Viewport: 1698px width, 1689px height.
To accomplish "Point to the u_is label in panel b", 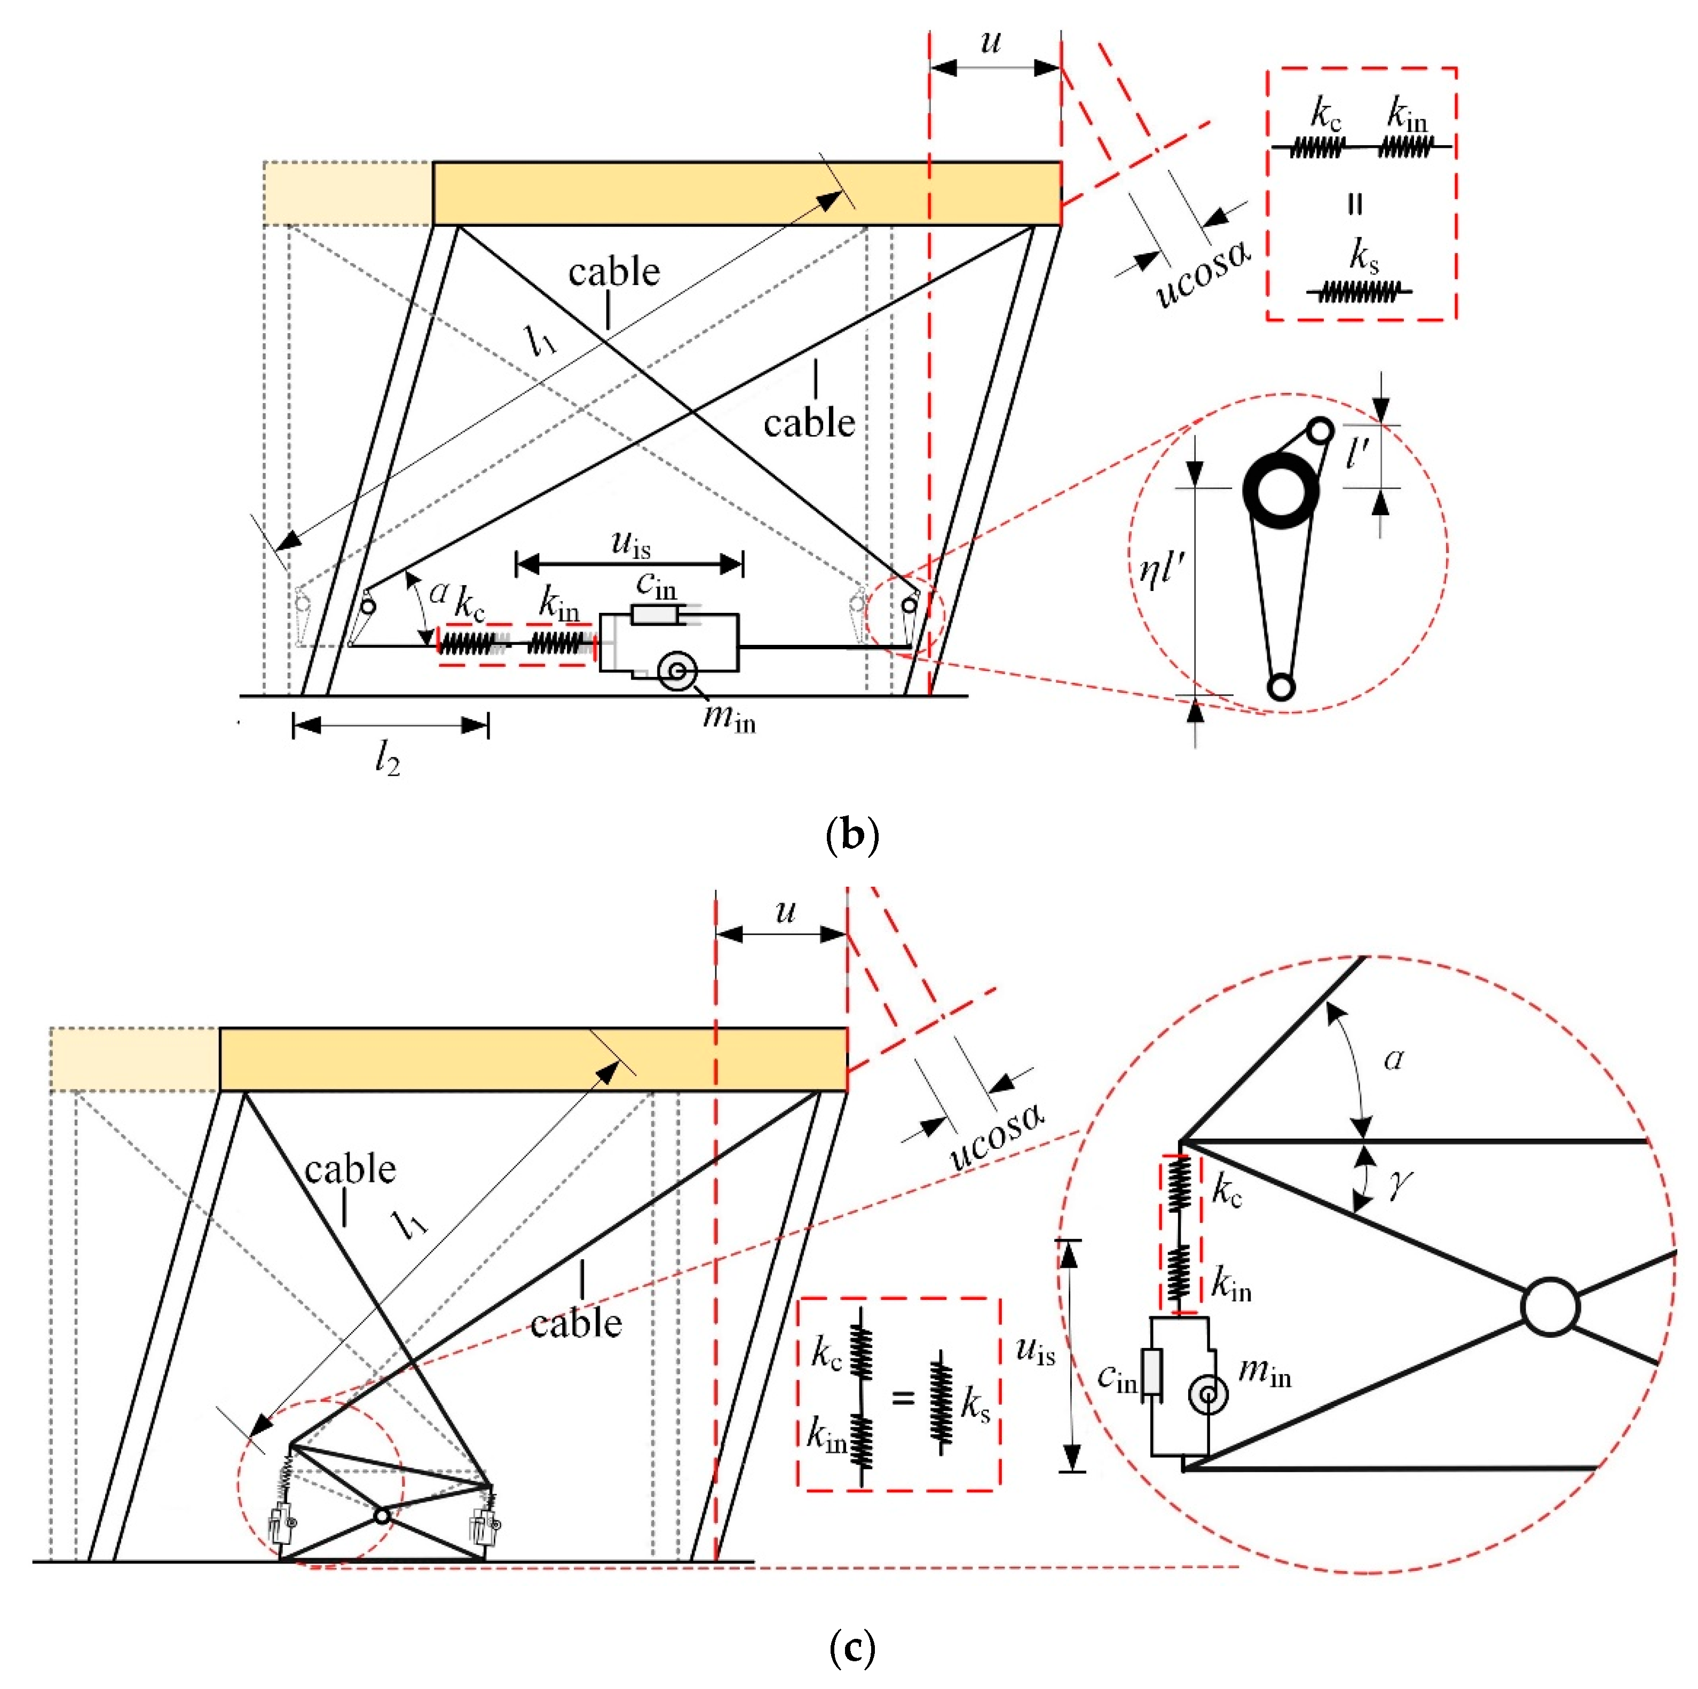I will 630,544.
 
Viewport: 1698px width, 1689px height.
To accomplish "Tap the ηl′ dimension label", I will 1162,571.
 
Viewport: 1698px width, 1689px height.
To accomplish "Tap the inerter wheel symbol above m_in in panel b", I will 677,672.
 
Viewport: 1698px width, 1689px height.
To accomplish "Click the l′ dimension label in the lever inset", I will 1358,453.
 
